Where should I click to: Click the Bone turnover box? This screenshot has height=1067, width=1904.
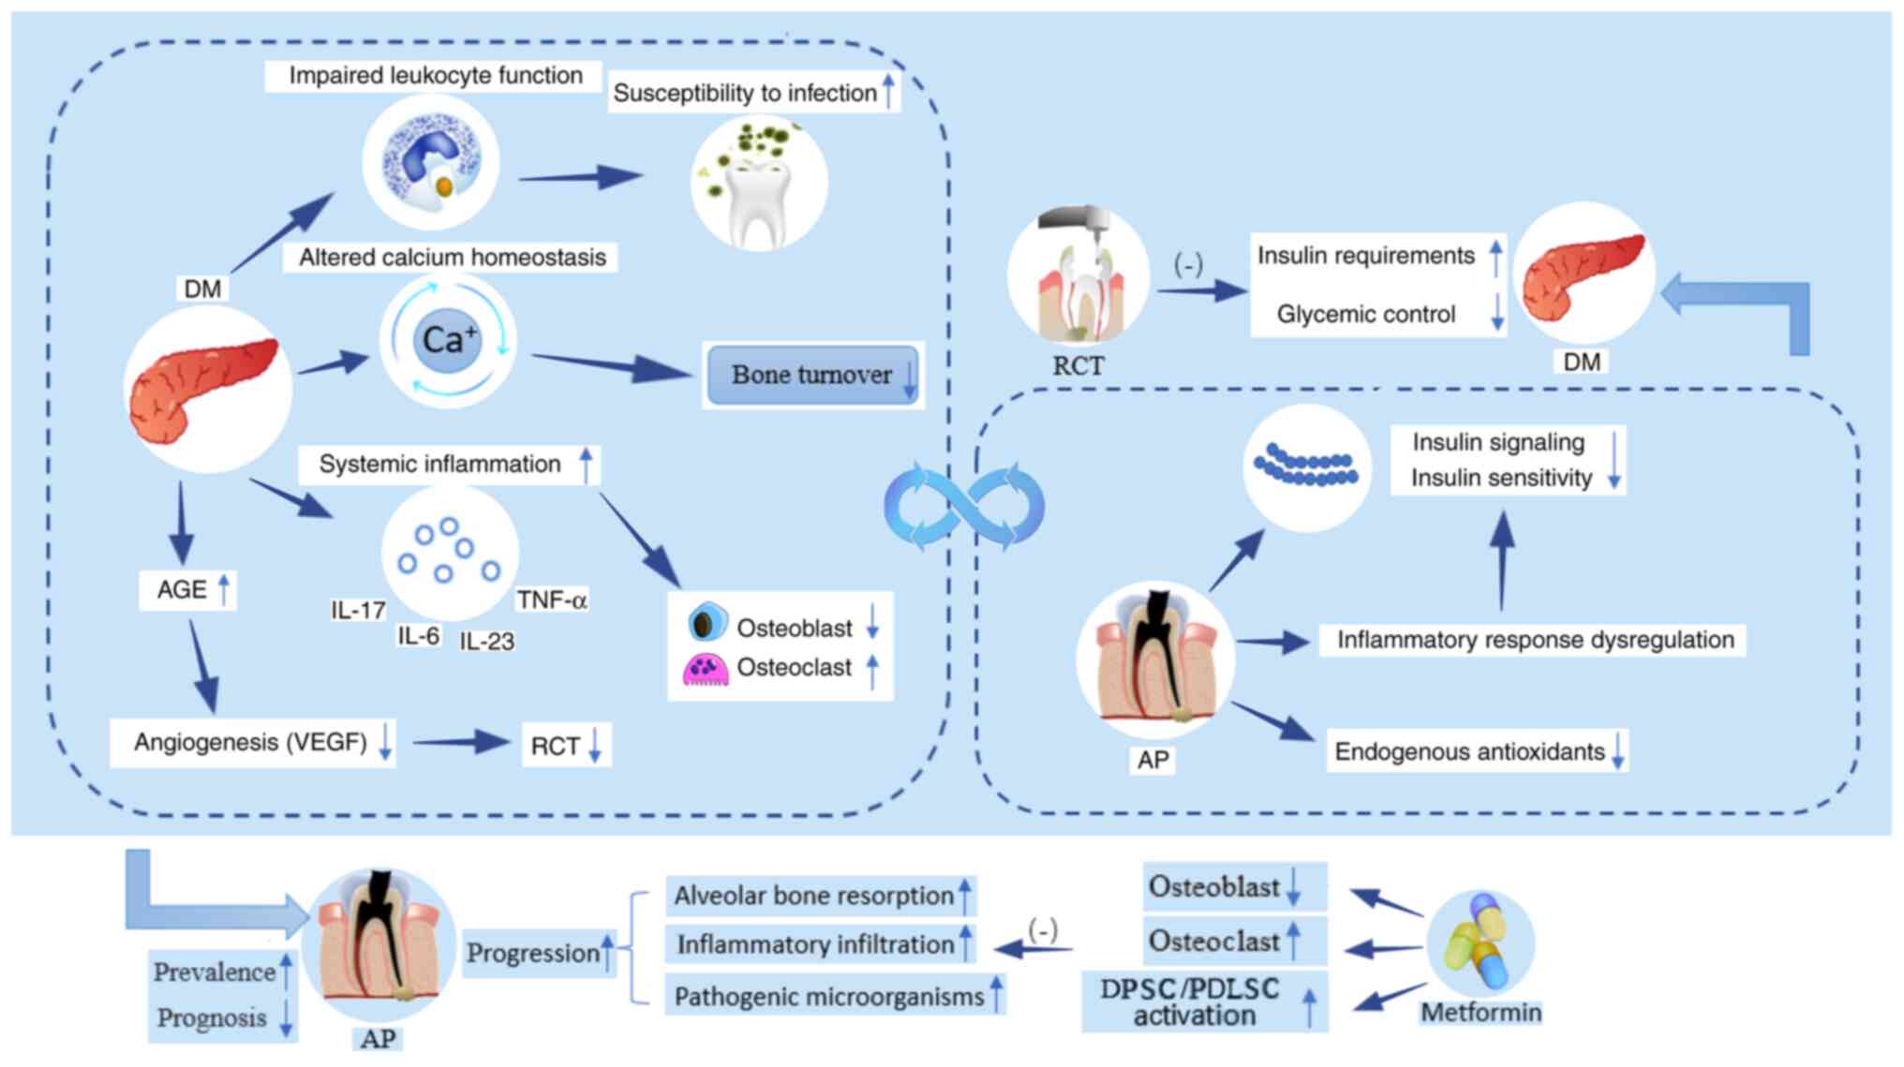click(x=811, y=375)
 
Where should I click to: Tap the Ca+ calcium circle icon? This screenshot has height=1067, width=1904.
click(x=448, y=340)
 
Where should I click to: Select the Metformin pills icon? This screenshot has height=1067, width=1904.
click(x=1480, y=942)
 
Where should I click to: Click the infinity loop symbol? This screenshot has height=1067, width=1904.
click(x=963, y=507)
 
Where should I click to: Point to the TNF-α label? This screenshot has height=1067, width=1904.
click(x=552, y=600)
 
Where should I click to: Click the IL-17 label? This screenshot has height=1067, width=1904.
click(x=358, y=611)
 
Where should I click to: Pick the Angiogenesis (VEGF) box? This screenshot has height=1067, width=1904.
click(x=251, y=743)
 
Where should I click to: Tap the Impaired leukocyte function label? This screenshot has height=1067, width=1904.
click(x=435, y=76)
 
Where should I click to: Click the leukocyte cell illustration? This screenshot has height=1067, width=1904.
click(x=431, y=162)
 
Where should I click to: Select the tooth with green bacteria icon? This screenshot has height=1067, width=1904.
click(x=759, y=183)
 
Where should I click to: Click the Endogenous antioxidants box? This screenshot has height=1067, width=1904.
click(x=1477, y=751)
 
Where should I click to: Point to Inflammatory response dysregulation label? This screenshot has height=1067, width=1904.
click(x=1534, y=640)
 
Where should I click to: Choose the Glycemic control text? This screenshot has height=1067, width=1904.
click(x=1365, y=315)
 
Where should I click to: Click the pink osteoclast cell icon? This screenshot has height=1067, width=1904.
click(x=706, y=669)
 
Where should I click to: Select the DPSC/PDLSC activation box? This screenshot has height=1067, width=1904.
click(x=1204, y=1002)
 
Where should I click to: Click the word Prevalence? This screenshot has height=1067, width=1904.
click(x=215, y=971)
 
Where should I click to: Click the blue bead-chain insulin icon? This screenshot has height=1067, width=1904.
click(x=1306, y=467)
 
